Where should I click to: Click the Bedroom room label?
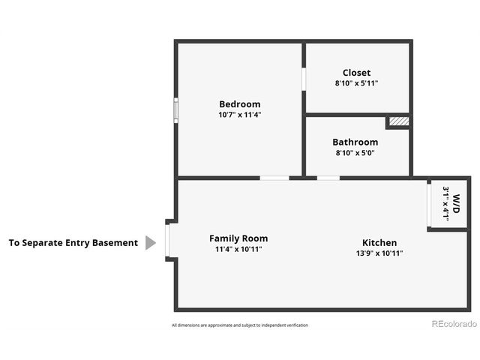pyautogui.click(x=239, y=103)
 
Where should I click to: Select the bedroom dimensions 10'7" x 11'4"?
pyautogui.click(x=239, y=115)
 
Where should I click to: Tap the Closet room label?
pyautogui.click(x=356, y=73)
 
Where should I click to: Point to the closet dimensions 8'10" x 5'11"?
pyautogui.click(x=356, y=83)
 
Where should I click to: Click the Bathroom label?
pyautogui.click(x=355, y=142)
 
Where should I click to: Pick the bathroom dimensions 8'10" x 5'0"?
pyautogui.click(x=355, y=152)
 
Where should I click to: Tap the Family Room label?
pyautogui.click(x=238, y=238)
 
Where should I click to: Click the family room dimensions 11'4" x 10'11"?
pyautogui.click(x=238, y=249)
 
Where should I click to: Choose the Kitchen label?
pyautogui.click(x=379, y=242)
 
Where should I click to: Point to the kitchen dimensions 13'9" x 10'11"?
pyautogui.click(x=379, y=253)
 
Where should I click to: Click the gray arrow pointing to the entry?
pyautogui.click(x=150, y=243)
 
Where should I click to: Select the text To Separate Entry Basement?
pyautogui.click(x=73, y=243)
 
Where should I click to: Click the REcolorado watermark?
pyautogui.click(x=454, y=324)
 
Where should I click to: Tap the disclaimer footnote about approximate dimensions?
pyautogui.click(x=239, y=325)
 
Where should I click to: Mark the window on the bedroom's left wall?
pyautogui.click(x=175, y=109)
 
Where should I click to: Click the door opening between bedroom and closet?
pyautogui.click(x=304, y=79)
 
